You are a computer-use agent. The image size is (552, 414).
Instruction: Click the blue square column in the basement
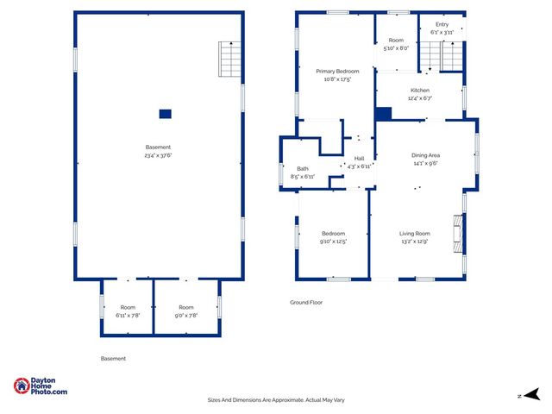[165, 113]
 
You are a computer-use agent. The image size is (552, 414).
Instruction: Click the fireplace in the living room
[458, 233]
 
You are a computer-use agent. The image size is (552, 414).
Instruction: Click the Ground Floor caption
[305, 303]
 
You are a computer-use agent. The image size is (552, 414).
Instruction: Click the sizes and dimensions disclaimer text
[276, 399]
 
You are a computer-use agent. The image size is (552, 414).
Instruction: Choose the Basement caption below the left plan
[113, 358]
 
